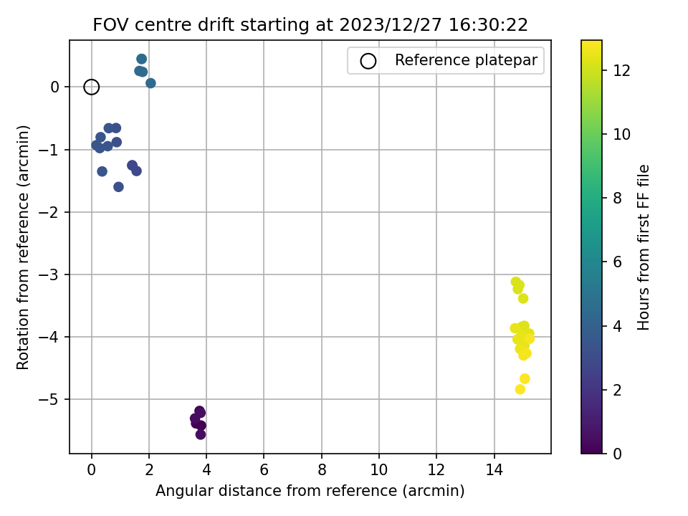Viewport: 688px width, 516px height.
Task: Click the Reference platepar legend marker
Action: (368, 61)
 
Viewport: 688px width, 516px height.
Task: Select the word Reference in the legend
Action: (431, 59)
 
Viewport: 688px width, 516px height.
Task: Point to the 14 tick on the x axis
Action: (494, 469)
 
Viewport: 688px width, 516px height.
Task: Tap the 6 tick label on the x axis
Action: (264, 469)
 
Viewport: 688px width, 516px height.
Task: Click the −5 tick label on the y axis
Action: (50, 399)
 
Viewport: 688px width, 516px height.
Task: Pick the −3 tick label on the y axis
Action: (50, 274)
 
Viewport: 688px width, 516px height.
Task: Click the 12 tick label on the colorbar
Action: (621, 70)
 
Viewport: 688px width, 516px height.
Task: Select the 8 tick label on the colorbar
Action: (617, 198)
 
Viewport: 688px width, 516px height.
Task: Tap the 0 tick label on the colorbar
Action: (617, 453)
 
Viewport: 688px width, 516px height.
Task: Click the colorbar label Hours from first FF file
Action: (643, 247)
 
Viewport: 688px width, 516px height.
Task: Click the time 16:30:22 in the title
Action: (488, 24)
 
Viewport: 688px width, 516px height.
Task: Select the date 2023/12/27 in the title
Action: (390, 24)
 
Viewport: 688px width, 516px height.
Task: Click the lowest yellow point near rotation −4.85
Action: (520, 389)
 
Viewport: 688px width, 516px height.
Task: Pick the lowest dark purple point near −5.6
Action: (201, 434)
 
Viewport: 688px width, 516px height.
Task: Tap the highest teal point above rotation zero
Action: (141, 59)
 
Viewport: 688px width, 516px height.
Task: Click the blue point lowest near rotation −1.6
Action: (118, 187)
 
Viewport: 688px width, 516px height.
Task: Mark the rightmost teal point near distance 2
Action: (150, 83)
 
